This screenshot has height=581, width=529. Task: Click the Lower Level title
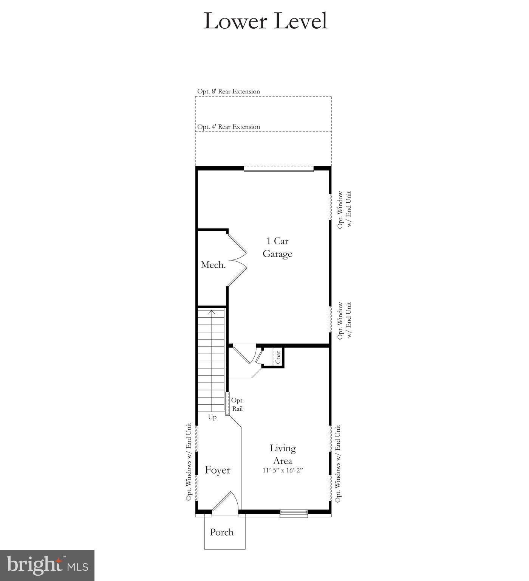tap(265, 21)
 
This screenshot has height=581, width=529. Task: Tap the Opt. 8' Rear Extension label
tap(229, 92)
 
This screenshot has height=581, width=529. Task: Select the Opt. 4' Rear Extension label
tap(229, 127)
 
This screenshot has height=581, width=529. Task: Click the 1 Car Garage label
tap(277, 247)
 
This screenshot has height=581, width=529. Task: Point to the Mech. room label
tap(213, 265)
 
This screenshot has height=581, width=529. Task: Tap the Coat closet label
tap(278, 357)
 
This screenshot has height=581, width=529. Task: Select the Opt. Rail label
tap(237, 404)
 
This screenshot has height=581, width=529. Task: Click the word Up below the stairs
tap(212, 417)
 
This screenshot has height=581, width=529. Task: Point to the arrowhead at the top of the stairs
tap(211, 312)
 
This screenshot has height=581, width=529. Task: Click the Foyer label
tap(218, 470)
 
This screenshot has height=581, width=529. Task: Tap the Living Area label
tap(283, 454)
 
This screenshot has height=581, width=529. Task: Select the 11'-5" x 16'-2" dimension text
tap(283, 471)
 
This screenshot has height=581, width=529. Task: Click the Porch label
tap(222, 532)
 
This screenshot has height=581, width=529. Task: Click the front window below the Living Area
tap(294, 513)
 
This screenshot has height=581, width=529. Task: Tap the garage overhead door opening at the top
tap(278, 169)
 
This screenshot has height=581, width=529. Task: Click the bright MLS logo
tap(47, 565)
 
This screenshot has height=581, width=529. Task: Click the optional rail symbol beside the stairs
tap(227, 404)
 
